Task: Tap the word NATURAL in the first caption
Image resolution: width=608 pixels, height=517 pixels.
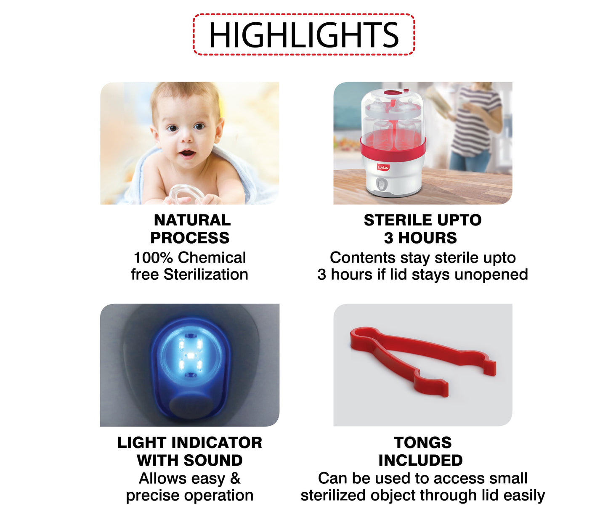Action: tap(192, 220)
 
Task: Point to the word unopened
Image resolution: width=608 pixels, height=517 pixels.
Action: tap(491, 275)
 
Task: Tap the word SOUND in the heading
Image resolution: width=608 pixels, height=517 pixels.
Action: tap(212, 461)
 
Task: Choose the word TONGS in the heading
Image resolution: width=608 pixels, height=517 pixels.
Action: tap(422, 443)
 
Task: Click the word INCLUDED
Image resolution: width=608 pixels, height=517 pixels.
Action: tap(420, 461)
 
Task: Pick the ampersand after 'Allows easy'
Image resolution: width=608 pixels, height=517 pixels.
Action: tap(235, 478)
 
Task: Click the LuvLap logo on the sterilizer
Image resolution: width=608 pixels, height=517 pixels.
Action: tap(383, 167)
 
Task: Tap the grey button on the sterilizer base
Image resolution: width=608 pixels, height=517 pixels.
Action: tap(381, 185)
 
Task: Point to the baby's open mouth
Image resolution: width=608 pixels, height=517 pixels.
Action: tap(187, 153)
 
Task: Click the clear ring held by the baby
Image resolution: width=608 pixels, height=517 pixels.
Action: tap(186, 194)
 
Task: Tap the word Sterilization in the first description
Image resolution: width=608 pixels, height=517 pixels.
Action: tap(206, 275)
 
